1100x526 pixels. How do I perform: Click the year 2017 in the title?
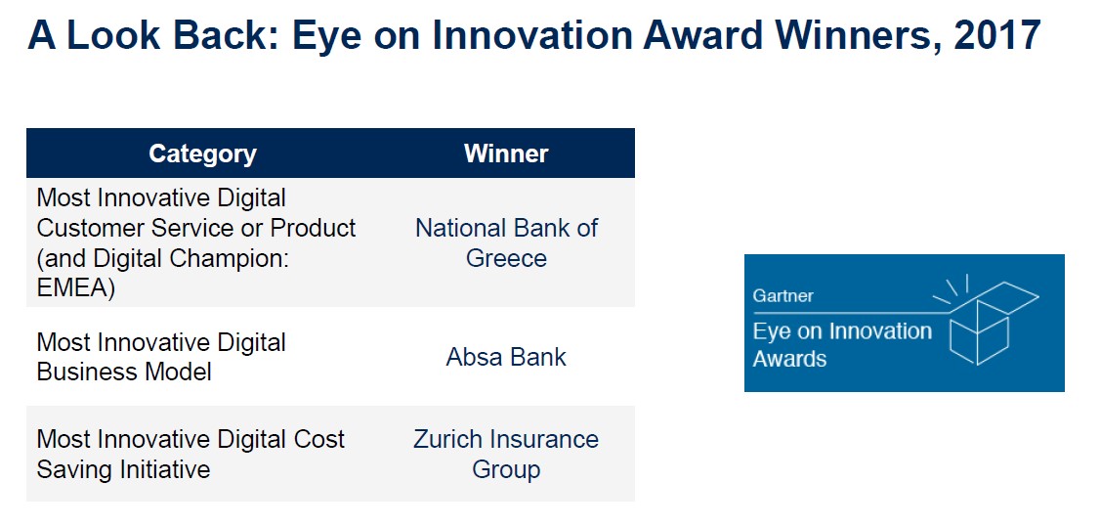[996, 36]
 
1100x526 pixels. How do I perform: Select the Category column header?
[203, 153]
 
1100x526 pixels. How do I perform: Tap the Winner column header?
[506, 153]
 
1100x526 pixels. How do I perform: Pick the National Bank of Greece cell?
[506, 243]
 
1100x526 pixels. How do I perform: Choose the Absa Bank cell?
[506, 358]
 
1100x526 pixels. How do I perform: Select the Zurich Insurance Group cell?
[506, 454]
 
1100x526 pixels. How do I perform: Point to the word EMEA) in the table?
[76, 288]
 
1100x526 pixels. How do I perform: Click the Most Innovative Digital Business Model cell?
[161, 358]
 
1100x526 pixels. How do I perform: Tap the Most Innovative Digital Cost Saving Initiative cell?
[190, 454]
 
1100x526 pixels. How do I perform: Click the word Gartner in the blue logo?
[783, 295]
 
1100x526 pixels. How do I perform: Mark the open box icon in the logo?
[986, 321]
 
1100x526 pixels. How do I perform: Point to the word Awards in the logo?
[790, 359]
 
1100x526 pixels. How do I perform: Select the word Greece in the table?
[506, 258]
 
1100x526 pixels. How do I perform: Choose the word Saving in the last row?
[74, 470]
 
